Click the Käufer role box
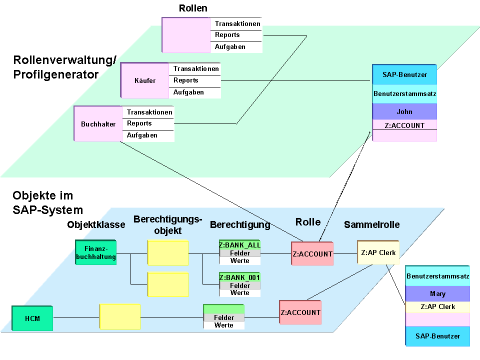[145, 80]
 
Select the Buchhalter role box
[98, 124]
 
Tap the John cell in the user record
[404, 111]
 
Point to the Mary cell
[437, 293]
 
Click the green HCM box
[32, 318]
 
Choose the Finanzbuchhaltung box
[96, 253]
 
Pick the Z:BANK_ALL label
[240, 245]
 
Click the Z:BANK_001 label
[240, 277]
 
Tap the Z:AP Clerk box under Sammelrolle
[378, 252]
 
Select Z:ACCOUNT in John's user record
[404, 125]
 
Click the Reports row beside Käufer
[186, 80]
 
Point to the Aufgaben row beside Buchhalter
[142, 135]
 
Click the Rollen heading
[193, 8]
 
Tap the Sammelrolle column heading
[371, 225]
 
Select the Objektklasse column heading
[96, 225]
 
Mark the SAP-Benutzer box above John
[404, 74]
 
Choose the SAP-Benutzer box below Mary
[437, 336]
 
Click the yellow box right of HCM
[120, 317]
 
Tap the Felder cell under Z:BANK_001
[240, 285]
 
